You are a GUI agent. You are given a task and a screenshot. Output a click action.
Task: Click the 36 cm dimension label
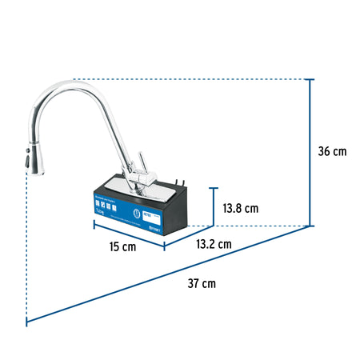coord(330,151)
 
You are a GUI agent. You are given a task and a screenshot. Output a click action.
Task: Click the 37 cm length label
coord(202,283)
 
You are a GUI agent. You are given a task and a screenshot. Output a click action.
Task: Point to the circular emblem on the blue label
coord(157,216)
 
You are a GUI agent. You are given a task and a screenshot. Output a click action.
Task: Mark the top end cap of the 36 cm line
coord(310,79)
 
